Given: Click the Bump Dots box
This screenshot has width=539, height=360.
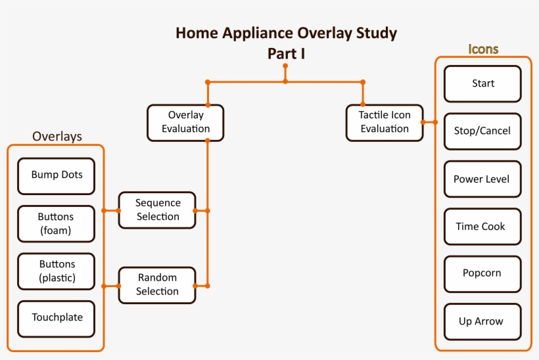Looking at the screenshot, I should (x=56, y=175).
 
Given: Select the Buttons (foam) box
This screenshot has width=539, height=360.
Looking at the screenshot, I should (x=56, y=223).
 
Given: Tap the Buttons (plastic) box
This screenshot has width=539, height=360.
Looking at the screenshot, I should (x=56, y=271).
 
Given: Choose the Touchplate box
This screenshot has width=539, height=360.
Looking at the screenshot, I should (x=56, y=318).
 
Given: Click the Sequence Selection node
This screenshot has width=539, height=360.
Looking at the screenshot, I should (x=157, y=210).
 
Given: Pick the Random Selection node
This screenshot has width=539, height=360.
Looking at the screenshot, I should (x=157, y=285).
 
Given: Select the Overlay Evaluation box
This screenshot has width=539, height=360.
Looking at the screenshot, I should (x=185, y=122).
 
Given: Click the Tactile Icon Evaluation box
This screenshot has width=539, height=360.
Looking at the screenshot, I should (x=385, y=122).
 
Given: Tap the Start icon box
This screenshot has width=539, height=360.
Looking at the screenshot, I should (x=482, y=84).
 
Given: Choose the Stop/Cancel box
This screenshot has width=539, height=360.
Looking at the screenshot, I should (x=482, y=131).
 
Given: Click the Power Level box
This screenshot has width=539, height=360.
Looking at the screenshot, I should (x=482, y=179).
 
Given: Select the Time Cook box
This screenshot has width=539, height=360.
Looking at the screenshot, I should (x=482, y=227).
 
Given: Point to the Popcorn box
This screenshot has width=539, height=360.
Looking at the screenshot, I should (x=482, y=274).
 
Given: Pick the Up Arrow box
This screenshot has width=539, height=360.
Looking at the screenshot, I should (x=482, y=322).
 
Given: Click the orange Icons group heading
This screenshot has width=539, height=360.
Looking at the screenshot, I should (x=483, y=49).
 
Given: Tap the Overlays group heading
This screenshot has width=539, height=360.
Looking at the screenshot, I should (x=57, y=137).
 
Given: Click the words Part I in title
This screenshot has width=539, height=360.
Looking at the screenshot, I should (x=286, y=53).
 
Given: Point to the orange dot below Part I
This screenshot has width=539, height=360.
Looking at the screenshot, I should (x=285, y=66).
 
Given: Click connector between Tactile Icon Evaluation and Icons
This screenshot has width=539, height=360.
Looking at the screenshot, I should (x=429, y=122).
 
